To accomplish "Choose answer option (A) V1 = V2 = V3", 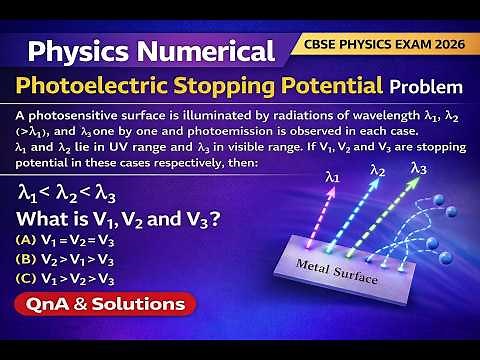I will click(71, 240).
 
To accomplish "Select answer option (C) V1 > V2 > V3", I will click(71, 279).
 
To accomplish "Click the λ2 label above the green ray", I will click(378, 172).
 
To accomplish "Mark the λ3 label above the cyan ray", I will click(419, 168).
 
